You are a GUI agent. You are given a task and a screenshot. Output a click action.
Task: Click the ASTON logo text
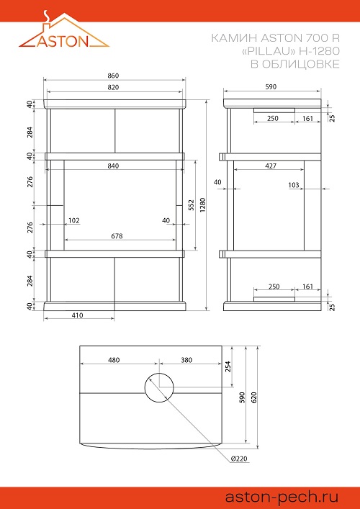pos(63,40)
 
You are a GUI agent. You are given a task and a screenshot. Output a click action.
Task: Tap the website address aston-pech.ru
pos(282,497)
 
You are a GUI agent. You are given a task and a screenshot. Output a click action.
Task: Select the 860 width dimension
pos(113,76)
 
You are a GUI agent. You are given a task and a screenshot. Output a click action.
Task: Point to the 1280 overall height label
pos(203,205)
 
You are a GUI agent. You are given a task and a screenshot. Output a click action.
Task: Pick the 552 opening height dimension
pos(192,205)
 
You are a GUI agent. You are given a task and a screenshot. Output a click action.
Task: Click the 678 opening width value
pos(117,236)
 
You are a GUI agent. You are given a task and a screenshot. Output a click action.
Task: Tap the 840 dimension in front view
pos(113,166)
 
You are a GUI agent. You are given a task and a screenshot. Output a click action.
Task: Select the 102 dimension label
pos(74,221)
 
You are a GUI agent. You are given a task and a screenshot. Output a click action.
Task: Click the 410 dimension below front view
pos(77,315)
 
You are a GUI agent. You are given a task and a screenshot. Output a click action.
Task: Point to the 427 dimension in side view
pos(271,166)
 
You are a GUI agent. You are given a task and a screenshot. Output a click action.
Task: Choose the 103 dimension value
pos(294,185)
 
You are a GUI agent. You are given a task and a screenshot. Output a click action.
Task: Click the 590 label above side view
pos(271,86)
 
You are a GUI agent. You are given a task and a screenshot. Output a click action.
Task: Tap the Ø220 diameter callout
pos(240,459)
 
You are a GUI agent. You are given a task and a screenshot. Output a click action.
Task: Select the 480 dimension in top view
pos(114,360)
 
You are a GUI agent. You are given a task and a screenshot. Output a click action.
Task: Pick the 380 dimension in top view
pos(186,360)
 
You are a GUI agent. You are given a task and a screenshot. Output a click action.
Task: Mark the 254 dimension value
pos(228,366)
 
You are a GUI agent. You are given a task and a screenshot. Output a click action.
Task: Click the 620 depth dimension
pos(254,397)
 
